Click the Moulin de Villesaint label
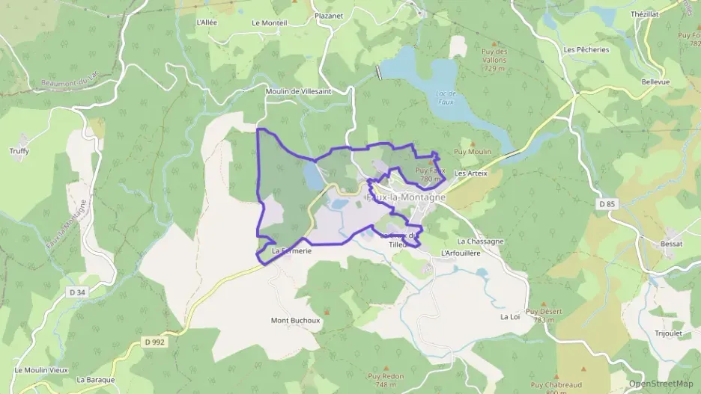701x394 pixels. click(x=309, y=91)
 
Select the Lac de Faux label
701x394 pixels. click(x=446, y=97)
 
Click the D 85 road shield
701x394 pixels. click(x=607, y=203)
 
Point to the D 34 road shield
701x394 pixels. click(x=76, y=292)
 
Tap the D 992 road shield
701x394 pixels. click(x=154, y=342)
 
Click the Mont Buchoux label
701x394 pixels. click(x=295, y=320)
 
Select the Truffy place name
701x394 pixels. click(x=20, y=151)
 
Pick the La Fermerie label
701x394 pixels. click(x=291, y=251)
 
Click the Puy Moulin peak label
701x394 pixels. click(x=473, y=152)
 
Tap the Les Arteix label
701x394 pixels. click(x=471, y=173)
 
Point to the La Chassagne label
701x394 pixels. click(x=480, y=241)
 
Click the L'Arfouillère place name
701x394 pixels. click(x=461, y=253)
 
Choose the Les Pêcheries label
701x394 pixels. click(x=586, y=50)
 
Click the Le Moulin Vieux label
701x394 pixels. click(x=41, y=370)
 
